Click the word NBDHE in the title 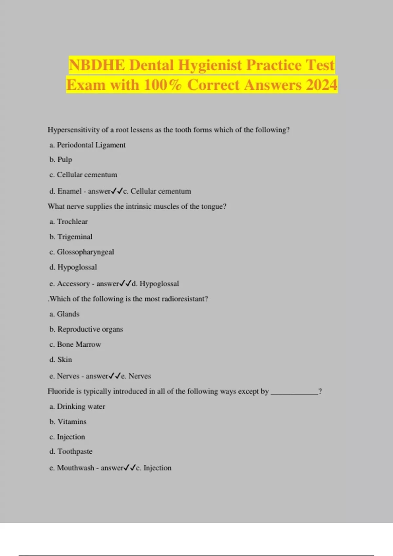[x=97, y=65]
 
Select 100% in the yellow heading [x=162, y=85]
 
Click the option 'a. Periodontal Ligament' [x=87, y=145]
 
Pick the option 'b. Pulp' [x=61, y=160]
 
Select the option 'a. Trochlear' [x=69, y=222]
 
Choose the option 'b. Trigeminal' [x=71, y=237]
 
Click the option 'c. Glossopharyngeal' [x=82, y=252]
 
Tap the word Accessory [x=73, y=284]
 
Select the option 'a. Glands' [x=65, y=314]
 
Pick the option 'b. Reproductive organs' [x=86, y=329]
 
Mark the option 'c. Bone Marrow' [x=75, y=344]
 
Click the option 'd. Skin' [x=61, y=360]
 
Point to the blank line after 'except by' [x=294, y=392]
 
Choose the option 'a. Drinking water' [x=77, y=407]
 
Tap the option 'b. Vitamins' [x=68, y=422]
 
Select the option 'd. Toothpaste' [x=71, y=451]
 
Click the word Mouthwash [x=75, y=468]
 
